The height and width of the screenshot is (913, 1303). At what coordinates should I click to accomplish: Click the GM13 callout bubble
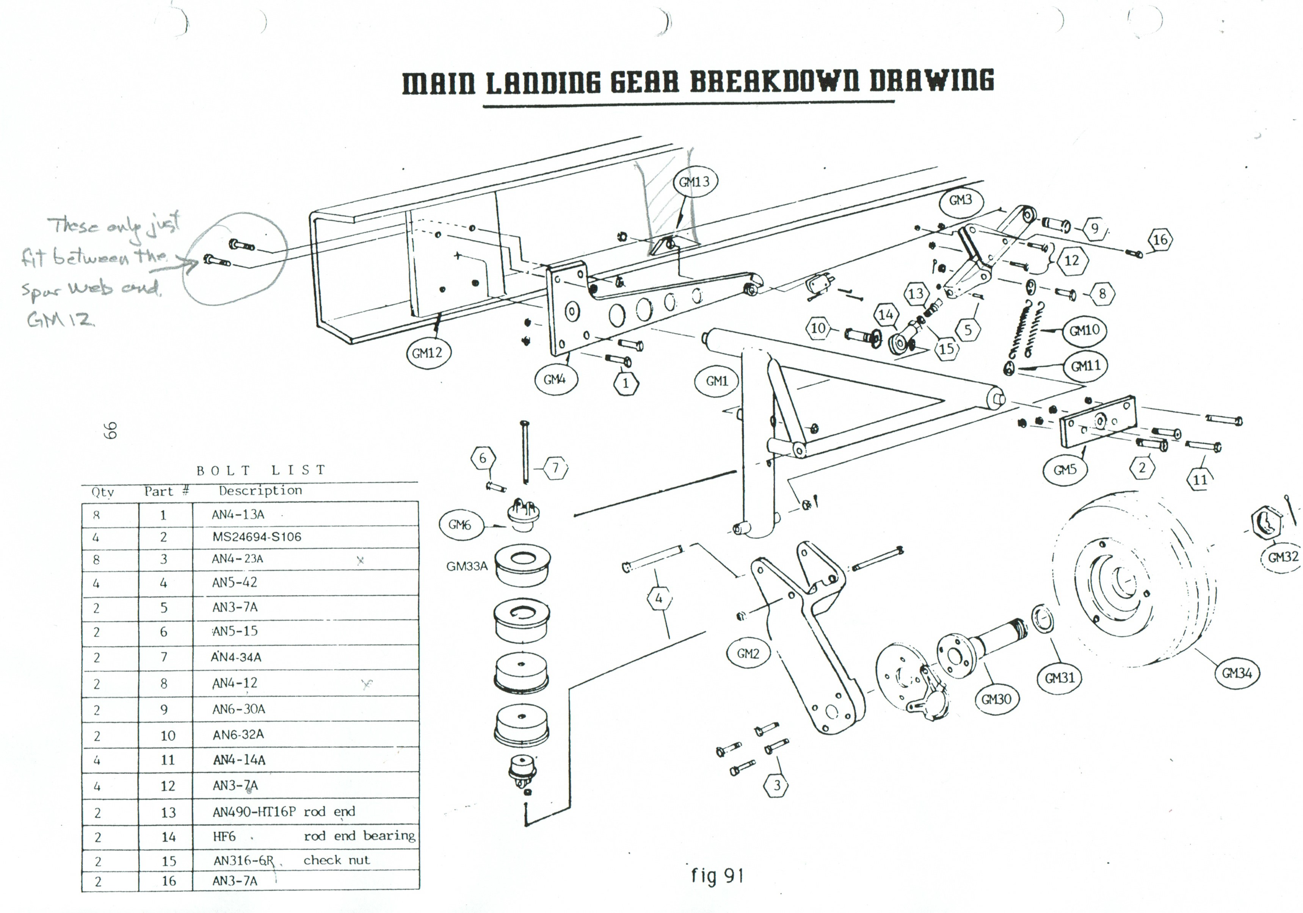pyautogui.click(x=694, y=182)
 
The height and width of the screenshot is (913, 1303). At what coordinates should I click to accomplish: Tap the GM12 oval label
pyautogui.click(x=427, y=353)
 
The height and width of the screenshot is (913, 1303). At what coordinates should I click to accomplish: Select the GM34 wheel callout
pyautogui.click(x=1237, y=673)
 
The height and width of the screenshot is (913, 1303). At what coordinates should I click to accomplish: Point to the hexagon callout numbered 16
pyautogui.click(x=1160, y=240)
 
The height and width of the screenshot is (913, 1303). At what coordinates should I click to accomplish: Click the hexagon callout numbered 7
pyautogui.click(x=556, y=468)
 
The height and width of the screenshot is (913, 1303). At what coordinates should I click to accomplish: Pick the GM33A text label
pyautogui.click(x=466, y=566)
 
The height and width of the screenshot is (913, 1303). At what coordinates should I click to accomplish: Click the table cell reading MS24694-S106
pyautogui.click(x=257, y=537)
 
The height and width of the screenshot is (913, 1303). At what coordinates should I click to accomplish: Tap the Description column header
pyautogui.click(x=260, y=490)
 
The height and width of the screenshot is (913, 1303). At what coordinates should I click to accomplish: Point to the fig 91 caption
pyautogui.click(x=717, y=875)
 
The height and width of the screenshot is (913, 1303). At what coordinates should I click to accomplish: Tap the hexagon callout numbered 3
pyautogui.click(x=777, y=785)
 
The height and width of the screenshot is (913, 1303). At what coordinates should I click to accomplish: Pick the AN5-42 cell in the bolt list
pyautogui.click(x=234, y=582)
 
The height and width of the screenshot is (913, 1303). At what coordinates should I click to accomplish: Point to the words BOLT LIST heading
pyautogui.click(x=260, y=470)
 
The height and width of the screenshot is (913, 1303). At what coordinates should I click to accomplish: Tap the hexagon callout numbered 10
pyautogui.click(x=818, y=328)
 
